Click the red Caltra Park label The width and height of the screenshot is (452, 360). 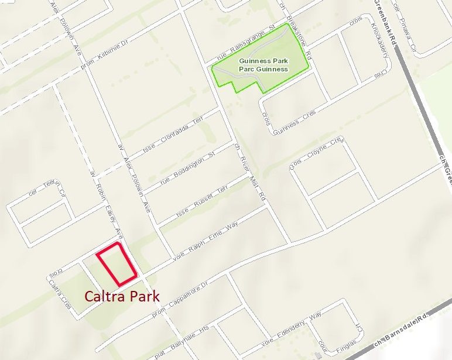point(122,296)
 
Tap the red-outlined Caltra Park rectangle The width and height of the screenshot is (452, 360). point(117,261)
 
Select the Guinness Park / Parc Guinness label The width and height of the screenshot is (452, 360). point(263,64)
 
